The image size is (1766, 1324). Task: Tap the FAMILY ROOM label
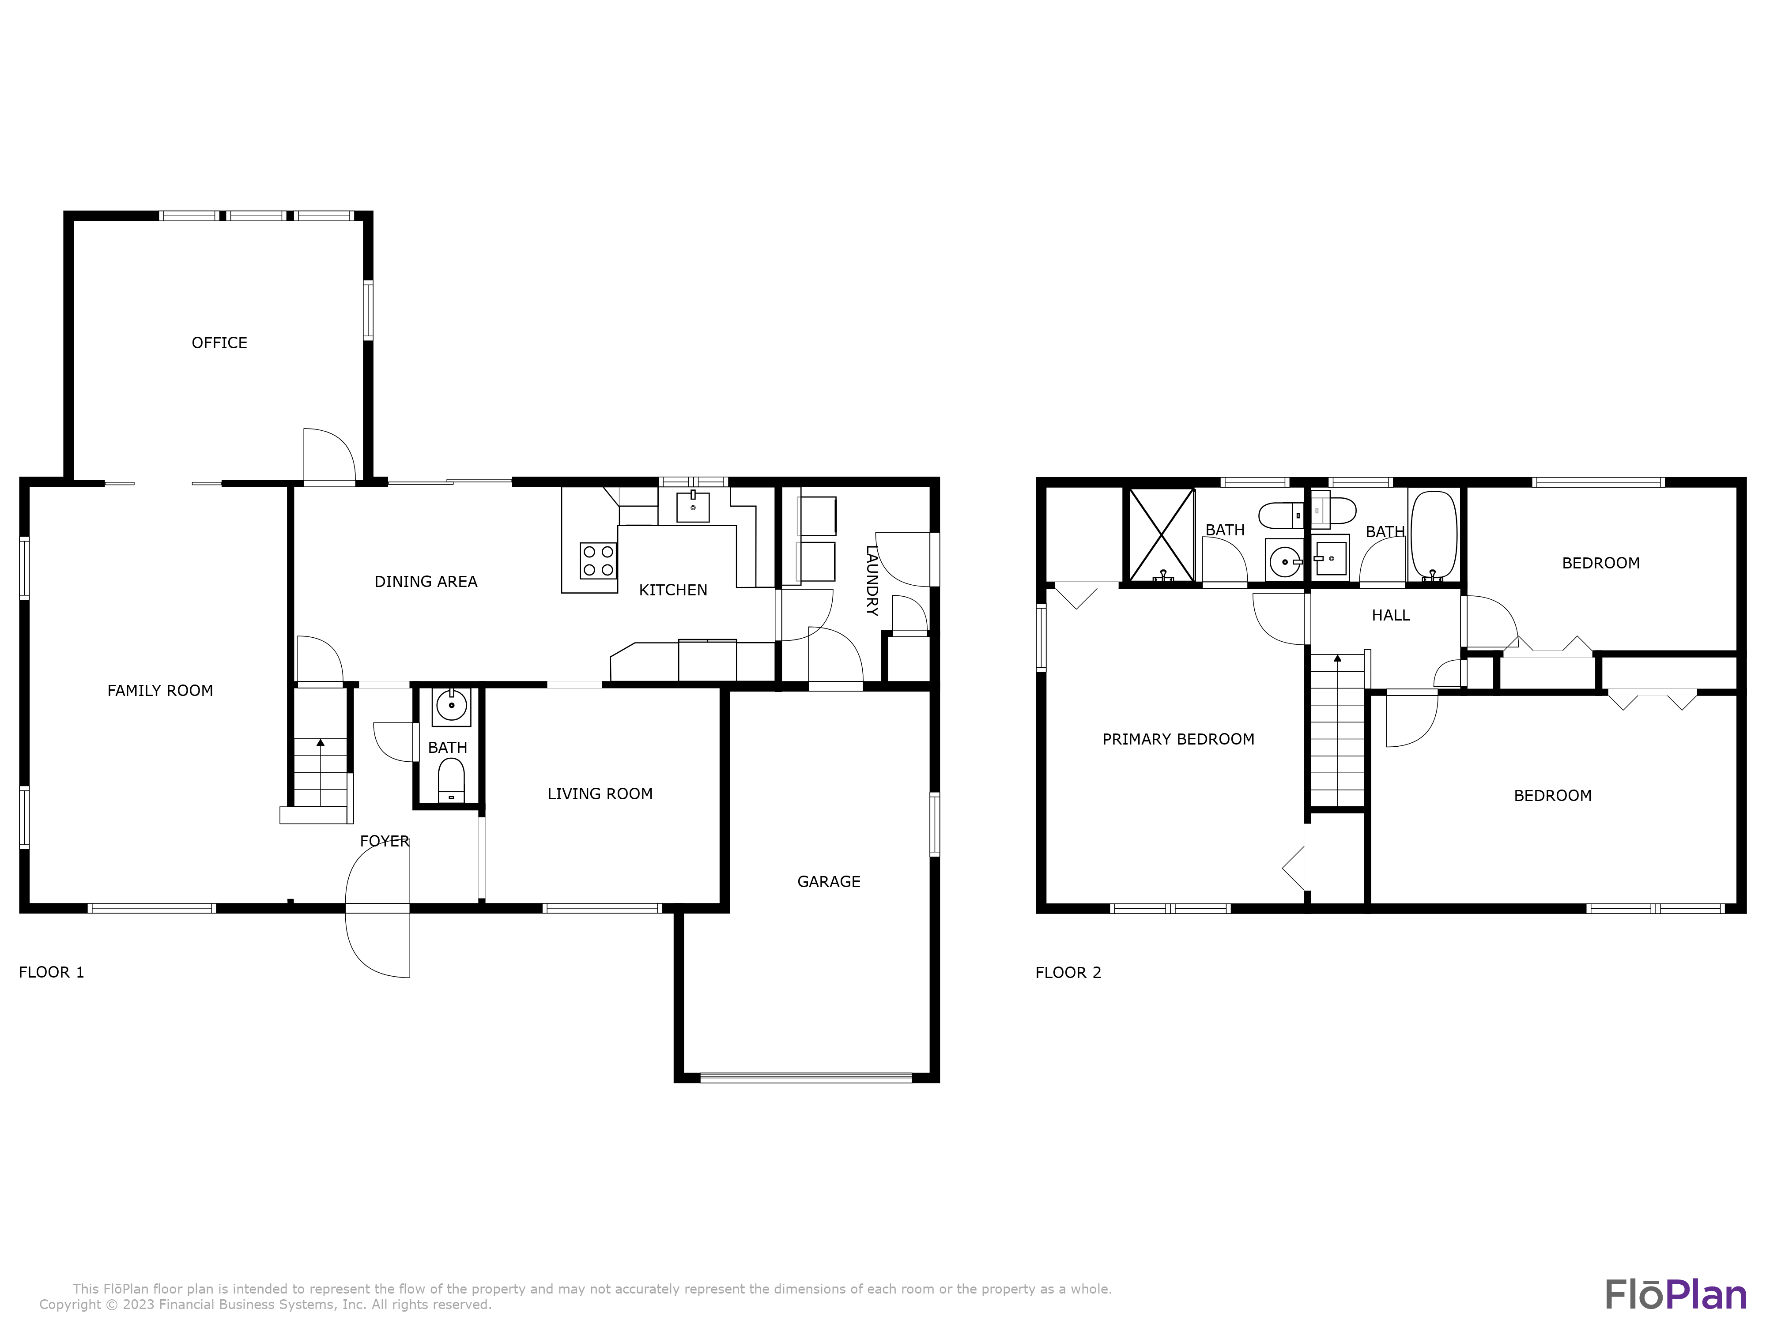click(x=160, y=691)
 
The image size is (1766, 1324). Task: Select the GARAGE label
click(x=829, y=882)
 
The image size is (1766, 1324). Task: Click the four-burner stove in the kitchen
click(x=598, y=560)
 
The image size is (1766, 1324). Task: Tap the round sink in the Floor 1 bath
click(x=451, y=706)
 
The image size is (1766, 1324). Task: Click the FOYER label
click(x=384, y=841)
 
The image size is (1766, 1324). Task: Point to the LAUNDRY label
click(x=872, y=581)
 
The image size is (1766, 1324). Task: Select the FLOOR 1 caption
click(x=51, y=972)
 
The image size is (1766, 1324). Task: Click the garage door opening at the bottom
click(x=806, y=1077)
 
